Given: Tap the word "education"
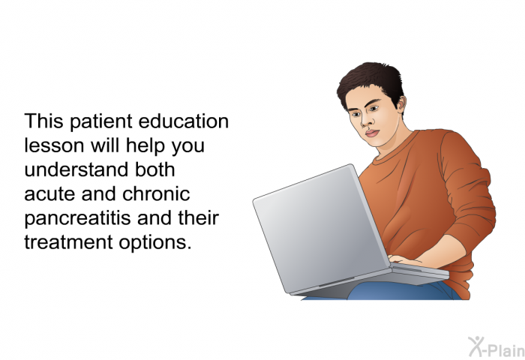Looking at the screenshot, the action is click(184, 121).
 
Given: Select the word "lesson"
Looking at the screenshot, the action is click(54, 145).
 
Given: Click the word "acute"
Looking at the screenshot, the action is click(49, 194).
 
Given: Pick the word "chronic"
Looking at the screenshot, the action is click(156, 193).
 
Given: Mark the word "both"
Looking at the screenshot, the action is click(154, 169).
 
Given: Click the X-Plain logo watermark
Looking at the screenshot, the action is click(496, 346).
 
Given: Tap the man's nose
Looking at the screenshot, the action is click(365, 121).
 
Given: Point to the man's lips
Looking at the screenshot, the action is click(372, 133).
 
